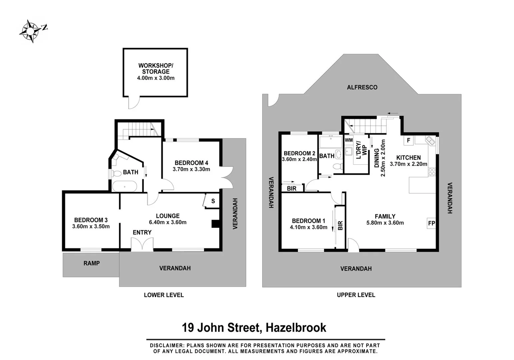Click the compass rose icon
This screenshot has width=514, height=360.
[x=31, y=31]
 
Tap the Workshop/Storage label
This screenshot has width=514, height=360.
[x=156, y=68]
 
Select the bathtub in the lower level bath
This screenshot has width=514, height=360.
[x=124, y=186]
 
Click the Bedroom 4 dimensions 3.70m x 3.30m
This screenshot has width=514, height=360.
[x=191, y=169]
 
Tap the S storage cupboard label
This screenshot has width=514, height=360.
[x=213, y=201]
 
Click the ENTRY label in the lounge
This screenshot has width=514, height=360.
[x=142, y=232]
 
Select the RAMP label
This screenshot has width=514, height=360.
[x=91, y=263]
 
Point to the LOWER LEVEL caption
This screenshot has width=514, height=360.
[x=164, y=295]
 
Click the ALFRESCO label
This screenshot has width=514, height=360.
[x=362, y=87]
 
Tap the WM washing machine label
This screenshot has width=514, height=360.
[x=349, y=140]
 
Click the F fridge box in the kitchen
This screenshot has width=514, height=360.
[x=408, y=140]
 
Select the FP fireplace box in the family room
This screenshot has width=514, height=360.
[x=431, y=223]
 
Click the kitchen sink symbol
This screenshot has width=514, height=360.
[x=430, y=141]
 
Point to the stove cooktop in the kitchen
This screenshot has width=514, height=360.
[x=432, y=172]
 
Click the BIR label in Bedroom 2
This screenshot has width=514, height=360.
[x=292, y=189]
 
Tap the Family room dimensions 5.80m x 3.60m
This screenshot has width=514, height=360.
[x=385, y=223]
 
